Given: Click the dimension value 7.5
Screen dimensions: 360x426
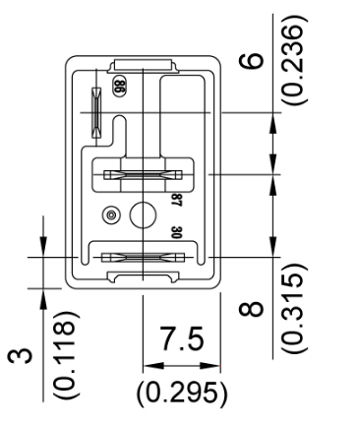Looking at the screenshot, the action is pos(181,337).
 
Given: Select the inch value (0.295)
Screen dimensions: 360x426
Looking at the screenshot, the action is pos(182,393).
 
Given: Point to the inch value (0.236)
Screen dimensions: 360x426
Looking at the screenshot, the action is pos(295,60).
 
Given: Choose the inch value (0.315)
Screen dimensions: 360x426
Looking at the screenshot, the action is pos(295,308).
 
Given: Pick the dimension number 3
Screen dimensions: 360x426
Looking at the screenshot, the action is pos(21,356).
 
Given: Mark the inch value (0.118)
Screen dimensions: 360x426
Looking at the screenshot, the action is pos(66,354).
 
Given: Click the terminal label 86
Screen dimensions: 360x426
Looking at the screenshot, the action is pos(119,87).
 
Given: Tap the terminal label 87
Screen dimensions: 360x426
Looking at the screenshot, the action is pos(177,200).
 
